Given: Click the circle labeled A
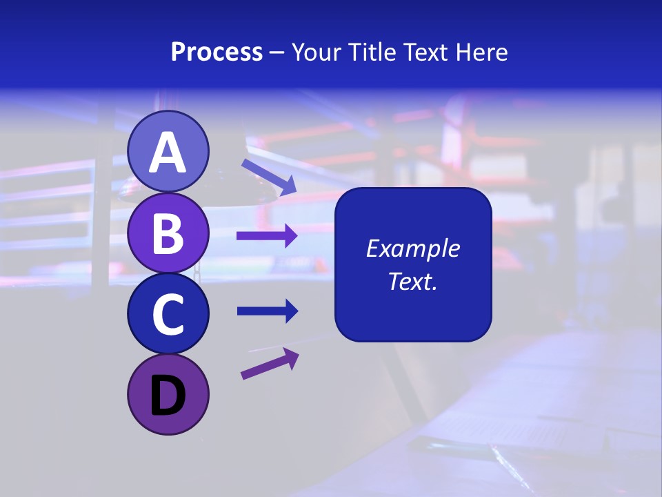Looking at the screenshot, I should (168, 151).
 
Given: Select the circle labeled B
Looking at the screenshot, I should (168, 233).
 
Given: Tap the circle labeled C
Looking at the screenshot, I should (168, 313).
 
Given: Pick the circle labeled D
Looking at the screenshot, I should (168, 394).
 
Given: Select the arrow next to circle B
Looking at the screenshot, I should (267, 236).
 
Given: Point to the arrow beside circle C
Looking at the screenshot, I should (268, 311).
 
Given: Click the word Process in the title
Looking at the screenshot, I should (217, 52).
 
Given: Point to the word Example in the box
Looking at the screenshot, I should (412, 248).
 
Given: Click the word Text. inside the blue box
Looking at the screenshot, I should (412, 281).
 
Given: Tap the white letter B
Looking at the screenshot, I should (168, 233).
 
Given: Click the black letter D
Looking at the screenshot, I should (168, 396).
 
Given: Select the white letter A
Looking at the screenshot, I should (168, 153).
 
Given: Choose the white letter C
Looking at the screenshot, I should (168, 314).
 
